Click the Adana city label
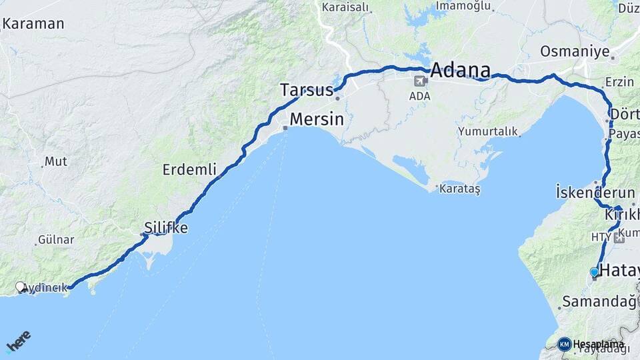(x=461, y=70)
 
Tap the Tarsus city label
(x=306, y=90)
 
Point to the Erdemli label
(x=189, y=170)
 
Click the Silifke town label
(x=166, y=228)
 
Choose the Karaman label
(x=33, y=24)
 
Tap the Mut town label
(x=55, y=161)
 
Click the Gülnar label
(x=56, y=239)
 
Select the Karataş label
(x=459, y=189)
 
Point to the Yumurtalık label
(x=488, y=131)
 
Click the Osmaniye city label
(x=565, y=51)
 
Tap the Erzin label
(x=619, y=82)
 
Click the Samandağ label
(x=599, y=301)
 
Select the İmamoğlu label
(x=464, y=6)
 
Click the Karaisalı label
(x=345, y=7)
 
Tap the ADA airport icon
(x=421, y=82)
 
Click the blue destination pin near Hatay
(x=594, y=273)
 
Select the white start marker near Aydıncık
(x=21, y=287)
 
